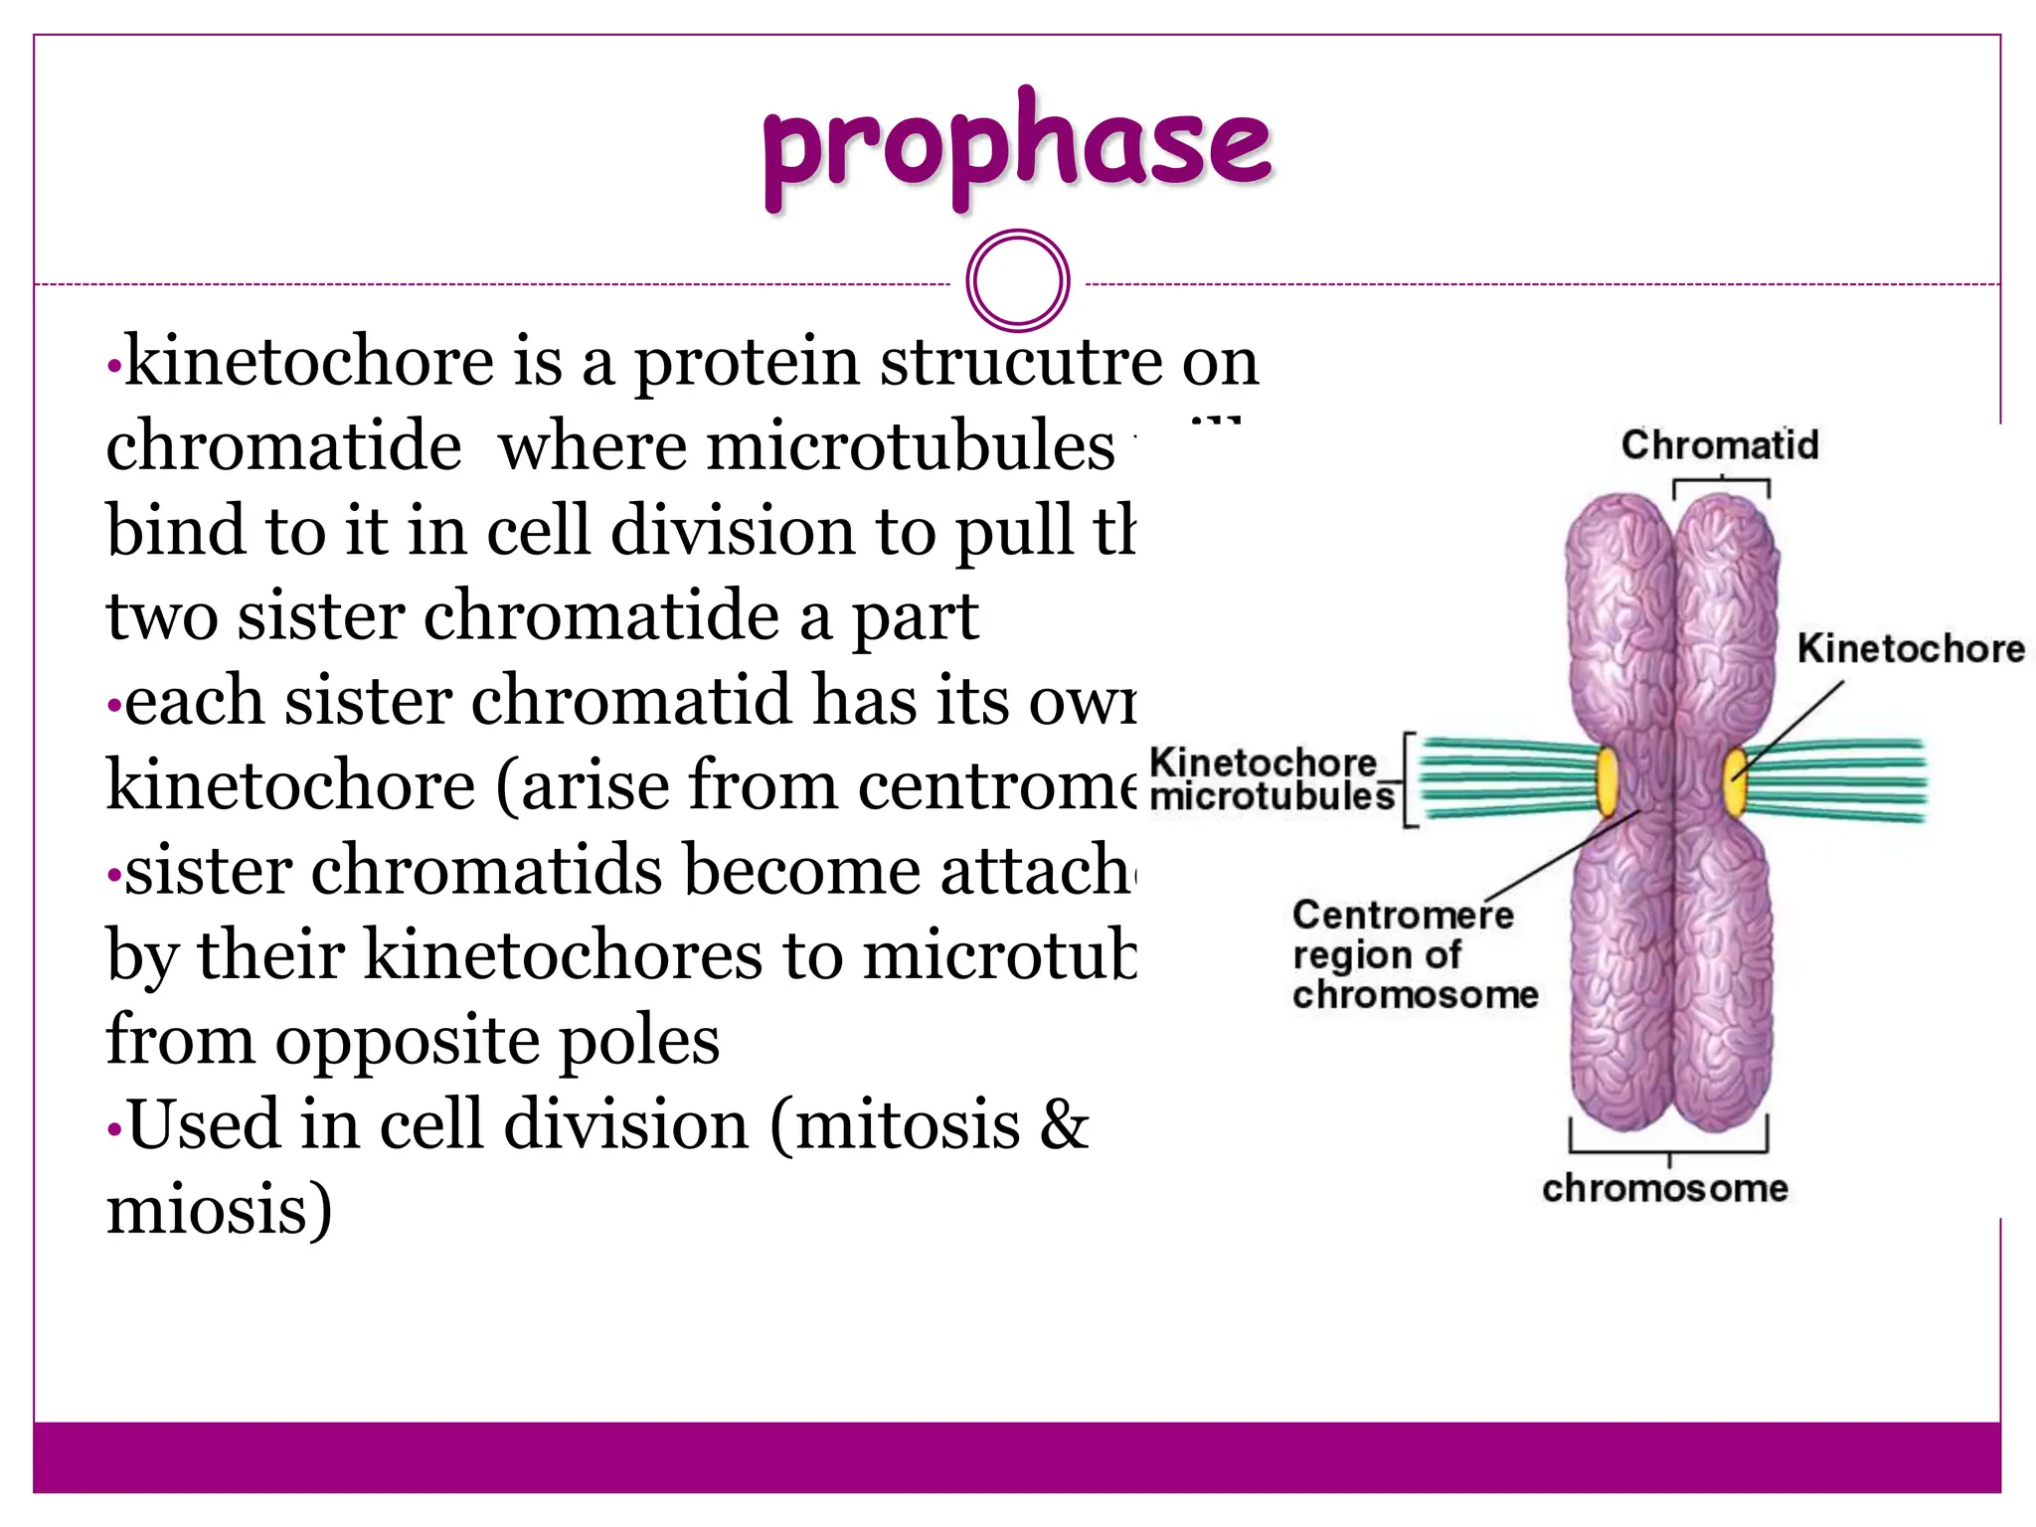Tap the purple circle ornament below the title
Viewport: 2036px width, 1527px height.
coord(1017,280)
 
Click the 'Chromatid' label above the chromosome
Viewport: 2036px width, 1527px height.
coord(1720,444)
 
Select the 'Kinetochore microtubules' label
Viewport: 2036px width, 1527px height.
coord(1272,779)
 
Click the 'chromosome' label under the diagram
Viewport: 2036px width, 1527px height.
coord(1665,1188)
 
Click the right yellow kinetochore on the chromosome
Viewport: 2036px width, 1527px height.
coord(1736,779)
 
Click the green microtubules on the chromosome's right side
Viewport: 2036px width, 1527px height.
coord(1839,781)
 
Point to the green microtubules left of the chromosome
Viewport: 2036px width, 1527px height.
coord(1506,779)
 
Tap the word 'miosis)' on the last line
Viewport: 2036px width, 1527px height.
coord(219,1211)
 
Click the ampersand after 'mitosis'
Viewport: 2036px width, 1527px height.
coord(1064,1125)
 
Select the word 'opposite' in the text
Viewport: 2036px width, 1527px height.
coord(407,1042)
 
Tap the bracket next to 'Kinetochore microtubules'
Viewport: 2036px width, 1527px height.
coord(1409,780)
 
